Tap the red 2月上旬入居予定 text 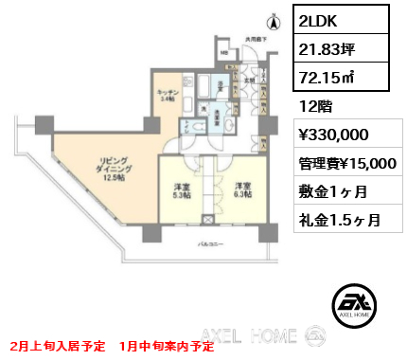pos(53,348)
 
